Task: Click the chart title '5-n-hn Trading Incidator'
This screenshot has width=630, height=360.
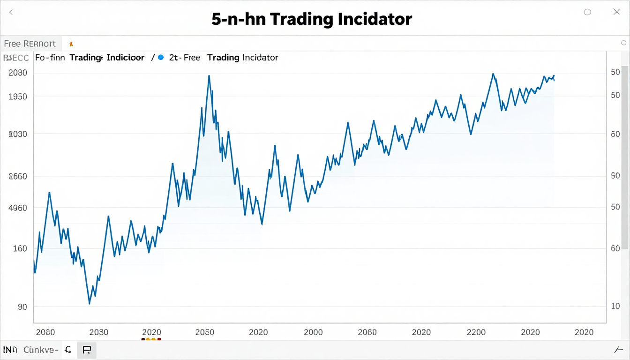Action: (312, 19)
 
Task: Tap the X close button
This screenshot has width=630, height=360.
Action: (617, 12)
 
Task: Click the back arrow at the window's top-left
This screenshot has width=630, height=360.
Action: (11, 12)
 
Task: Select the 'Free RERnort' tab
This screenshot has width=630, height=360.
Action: (30, 44)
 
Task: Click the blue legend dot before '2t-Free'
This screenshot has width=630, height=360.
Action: (161, 58)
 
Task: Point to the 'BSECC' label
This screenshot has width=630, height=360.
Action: (16, 58)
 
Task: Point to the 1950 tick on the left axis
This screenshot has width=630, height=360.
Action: (18, 97)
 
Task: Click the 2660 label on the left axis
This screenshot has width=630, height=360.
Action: (18, 177)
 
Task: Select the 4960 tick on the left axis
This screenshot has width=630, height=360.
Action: (18, 208)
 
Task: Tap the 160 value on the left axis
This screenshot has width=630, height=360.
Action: (20, 248)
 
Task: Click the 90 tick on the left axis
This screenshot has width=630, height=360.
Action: (22, 307)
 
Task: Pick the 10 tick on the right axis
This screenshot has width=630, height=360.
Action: (615, 306)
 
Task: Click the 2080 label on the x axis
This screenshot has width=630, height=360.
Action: (45, 332)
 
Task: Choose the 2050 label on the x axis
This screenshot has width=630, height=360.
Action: (204, 332)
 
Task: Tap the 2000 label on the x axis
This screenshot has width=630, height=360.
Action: (313, 332)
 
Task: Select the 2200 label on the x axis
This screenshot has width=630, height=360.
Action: (476, 332)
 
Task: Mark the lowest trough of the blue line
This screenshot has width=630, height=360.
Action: (89, 304)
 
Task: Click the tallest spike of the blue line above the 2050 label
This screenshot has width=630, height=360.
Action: (209, 75)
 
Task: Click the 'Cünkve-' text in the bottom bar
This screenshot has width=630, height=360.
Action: (41, 350)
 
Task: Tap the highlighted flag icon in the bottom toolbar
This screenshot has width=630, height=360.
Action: (87, 350)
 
